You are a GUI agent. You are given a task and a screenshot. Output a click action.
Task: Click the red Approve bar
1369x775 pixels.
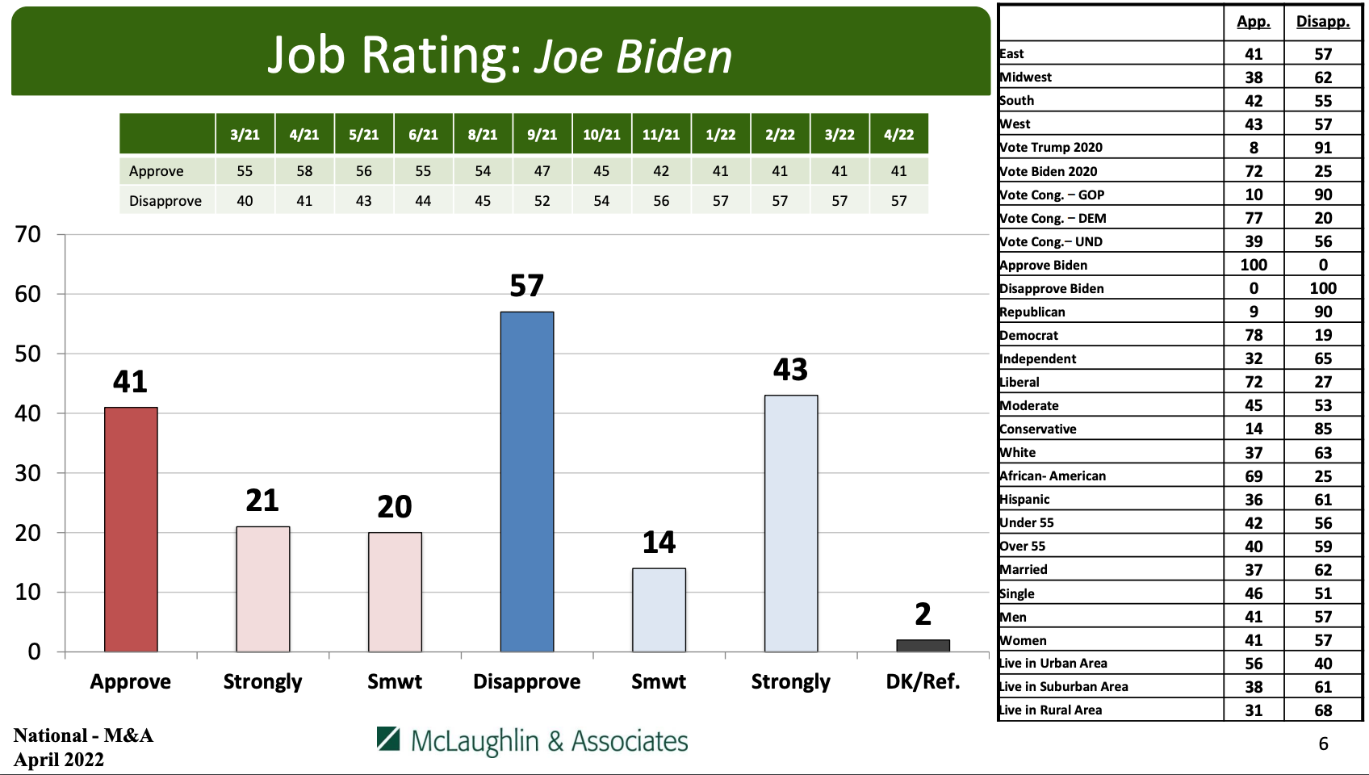(x=131, y=529)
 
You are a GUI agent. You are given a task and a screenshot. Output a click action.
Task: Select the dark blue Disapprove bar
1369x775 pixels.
(x=527, y=481)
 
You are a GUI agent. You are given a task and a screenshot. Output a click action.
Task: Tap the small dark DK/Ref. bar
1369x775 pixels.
(x=923, y=645)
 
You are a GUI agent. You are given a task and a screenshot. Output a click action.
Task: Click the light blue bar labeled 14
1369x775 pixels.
(x=659, y=610)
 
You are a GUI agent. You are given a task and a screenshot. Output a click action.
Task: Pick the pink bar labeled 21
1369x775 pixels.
(x=262, y=589)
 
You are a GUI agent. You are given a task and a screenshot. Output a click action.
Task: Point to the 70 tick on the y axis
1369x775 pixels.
(x=28, y=235)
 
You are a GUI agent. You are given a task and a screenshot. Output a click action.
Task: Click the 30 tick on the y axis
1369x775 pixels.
(x=28, y=473)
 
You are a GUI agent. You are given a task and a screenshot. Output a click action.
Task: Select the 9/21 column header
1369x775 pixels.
(x=542, y=135)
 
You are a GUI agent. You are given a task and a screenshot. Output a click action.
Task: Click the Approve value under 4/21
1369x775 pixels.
(x=304, y=171)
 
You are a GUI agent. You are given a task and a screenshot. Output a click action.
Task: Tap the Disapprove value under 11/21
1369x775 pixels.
(x=661, y=201)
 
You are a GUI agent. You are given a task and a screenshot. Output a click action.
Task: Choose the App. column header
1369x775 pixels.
(x=1253, y=22)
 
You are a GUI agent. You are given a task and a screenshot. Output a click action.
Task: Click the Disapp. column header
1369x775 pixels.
(x=1322, y=22)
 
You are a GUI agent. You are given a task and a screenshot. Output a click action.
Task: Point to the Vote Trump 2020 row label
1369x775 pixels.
(x=1051, y=147)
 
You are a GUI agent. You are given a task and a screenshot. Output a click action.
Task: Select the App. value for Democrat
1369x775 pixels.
(x=1254, y=335)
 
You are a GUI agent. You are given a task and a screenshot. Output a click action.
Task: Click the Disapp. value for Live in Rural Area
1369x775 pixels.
(x=1323, y=710)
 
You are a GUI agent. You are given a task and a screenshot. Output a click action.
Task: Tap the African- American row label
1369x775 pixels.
(x=1053, y=475)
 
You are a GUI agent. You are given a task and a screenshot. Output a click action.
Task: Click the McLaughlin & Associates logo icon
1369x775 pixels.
(x=388, y=739)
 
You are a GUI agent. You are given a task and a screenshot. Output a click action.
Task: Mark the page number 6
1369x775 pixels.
(x=1323, y=744)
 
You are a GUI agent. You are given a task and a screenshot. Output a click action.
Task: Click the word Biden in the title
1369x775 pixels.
(x=674, y=57)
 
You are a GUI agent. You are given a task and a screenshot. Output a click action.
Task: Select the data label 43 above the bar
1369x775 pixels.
(x=790, y=370)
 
